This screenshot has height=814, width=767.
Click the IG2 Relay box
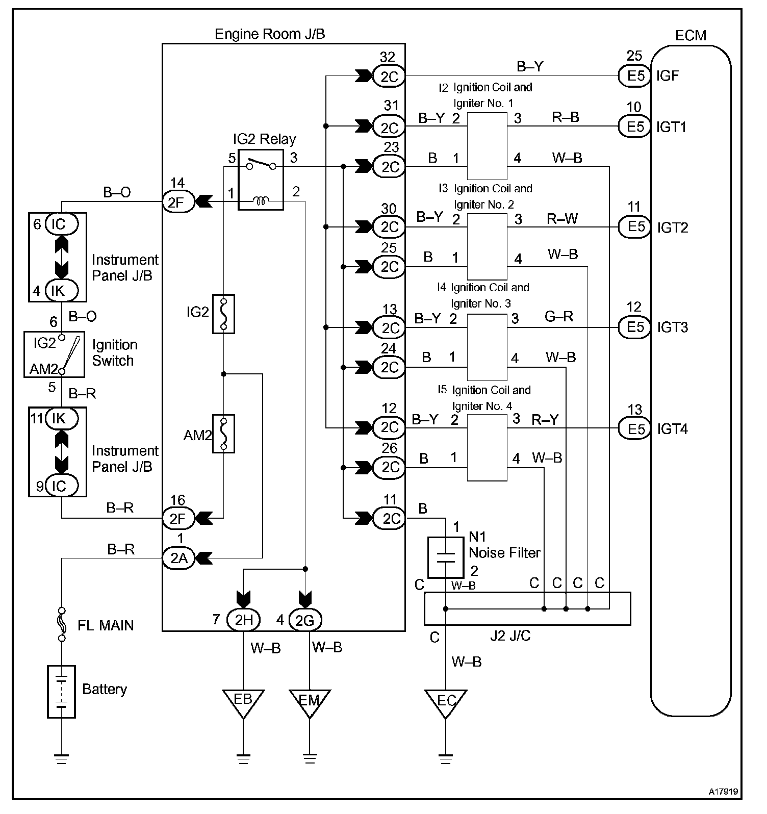click(x=261, y=180)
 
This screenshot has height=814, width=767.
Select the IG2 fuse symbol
click(x=223, y=314)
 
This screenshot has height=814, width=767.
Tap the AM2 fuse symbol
click(x=223, y=434)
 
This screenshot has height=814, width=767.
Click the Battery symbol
click(x=61, y=691)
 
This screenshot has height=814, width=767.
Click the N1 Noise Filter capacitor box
click(x=446, y=557)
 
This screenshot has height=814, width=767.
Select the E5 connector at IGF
click(x=635, y=76)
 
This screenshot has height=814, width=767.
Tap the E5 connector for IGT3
click(x=635, y=327)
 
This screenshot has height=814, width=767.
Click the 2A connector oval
click(x=178, y=558)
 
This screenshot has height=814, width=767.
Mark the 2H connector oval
click(x=244, y=620)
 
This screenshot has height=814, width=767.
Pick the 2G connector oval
click(x=305, y=620)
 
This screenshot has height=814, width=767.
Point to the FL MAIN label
click(x=106, y=625)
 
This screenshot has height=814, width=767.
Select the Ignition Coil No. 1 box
click(x=487, y=146)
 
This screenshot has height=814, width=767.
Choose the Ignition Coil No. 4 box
click(x=487, y=448)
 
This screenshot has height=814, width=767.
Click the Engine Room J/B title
click(x=269, y=34)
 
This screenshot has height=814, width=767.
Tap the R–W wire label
click(x=562, y=219)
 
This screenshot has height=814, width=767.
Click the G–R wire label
click(x=559, y=317)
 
